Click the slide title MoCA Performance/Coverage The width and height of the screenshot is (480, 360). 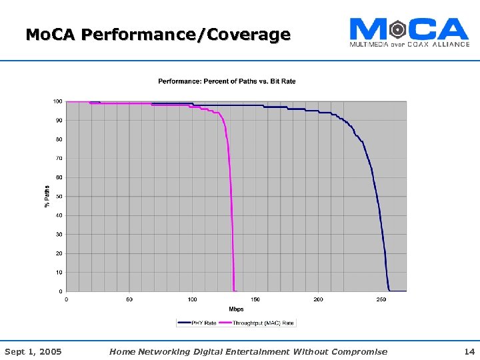(x=158, y=34)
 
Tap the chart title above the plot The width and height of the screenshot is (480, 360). (x=227, y=81)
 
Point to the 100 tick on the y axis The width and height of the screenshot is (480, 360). (x=58, y=101)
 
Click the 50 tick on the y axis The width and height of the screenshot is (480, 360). (x=59, y=197)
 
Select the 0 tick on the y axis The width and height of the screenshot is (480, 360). (x=61, y=291)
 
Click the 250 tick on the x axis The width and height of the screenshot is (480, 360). (x=381, y=299)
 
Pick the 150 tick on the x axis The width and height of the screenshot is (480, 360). (x=255, y=299)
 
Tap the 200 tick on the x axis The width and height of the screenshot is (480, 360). (x=318, y=299)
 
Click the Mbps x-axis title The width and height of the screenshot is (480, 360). (x=236, y=309)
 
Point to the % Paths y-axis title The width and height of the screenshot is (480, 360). (x=47, y=196)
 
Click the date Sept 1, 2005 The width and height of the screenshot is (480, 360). (x=33, y=351)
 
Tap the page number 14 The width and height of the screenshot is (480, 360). (x=469, y=351)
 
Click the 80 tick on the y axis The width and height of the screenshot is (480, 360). (x=59, y=139)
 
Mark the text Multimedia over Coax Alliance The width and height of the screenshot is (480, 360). (x=409, y=44)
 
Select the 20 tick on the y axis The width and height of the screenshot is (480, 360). (x=59, y=253)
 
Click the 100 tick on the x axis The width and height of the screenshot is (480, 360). (x=192, y=299)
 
